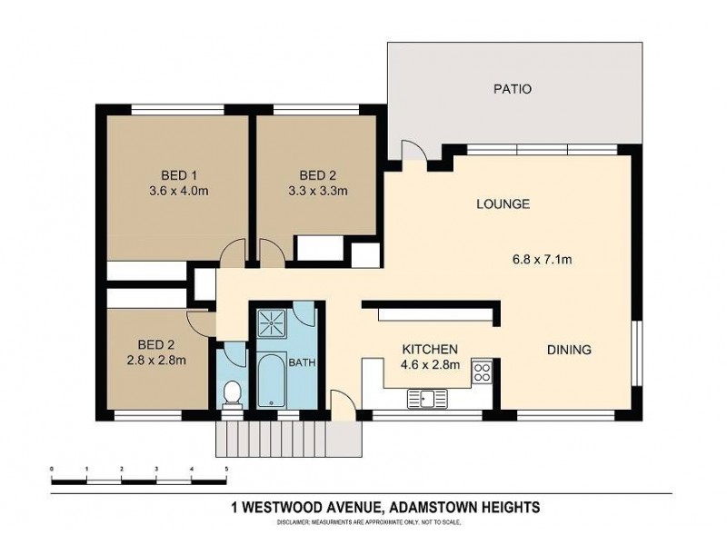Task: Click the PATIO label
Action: (x=512, y=89)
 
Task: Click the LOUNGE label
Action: (x=503, y=204)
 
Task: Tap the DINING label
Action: (x=569, y=349)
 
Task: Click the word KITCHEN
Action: (x=430, y=349)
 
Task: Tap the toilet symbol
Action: (x=233, y=393)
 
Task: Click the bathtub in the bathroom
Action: (x=272, y=381)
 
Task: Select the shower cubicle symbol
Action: (x=272, y=321)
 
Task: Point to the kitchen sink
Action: (x=426, y=397)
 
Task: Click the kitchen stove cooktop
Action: (x=483, y=372)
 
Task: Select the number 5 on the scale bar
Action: (x=226, y=469)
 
